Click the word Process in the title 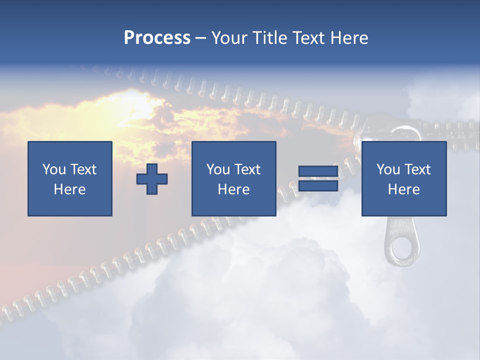click(157, 38)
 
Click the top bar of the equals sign click(318, 171)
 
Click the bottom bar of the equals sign click(318, 186)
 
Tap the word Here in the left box click(69, 189)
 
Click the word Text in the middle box click(247, 169)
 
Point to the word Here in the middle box click(233, 189)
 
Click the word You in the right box click(388, 169)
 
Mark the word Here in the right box click(403, 189)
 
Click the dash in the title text click(200, 38)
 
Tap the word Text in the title click(308, 38)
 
